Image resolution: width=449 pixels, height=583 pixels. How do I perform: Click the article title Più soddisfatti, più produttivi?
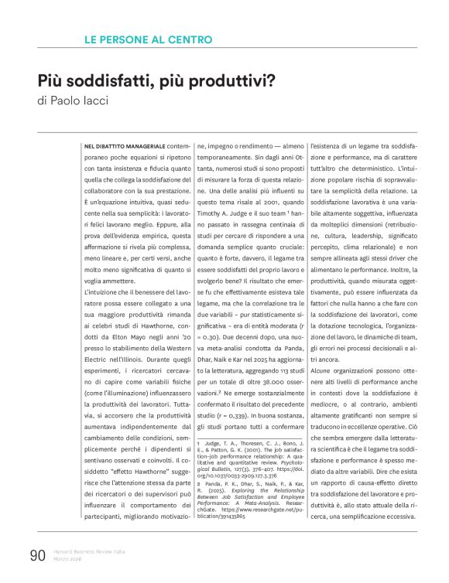[x=159, y=80]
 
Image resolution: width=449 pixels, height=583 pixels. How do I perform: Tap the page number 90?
[x=38, y=554]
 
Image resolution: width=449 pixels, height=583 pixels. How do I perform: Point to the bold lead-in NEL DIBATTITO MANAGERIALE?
[x=124, y=145]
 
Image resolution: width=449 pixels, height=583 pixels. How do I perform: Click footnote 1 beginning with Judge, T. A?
[x=252, y=452]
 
